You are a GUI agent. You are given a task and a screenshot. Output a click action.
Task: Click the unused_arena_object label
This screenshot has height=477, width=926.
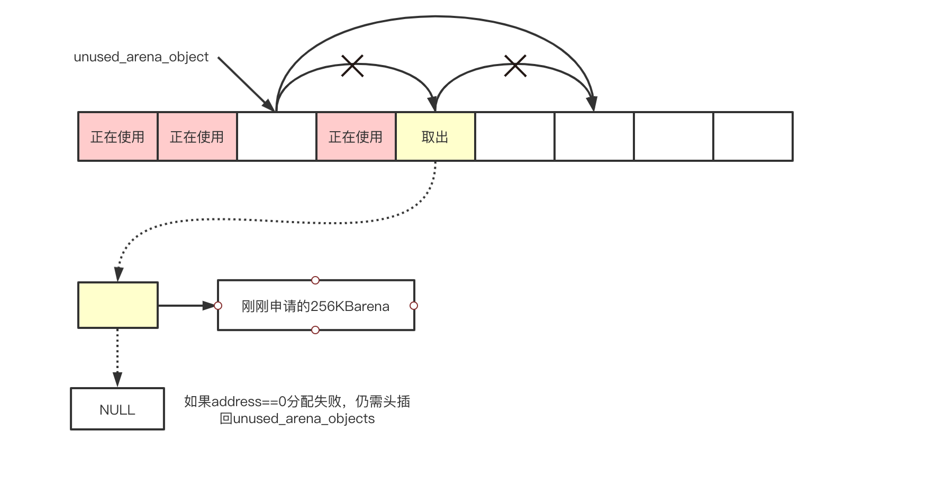tap(141, 57)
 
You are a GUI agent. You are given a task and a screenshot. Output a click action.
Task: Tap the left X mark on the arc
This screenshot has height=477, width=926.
tap(352, 66)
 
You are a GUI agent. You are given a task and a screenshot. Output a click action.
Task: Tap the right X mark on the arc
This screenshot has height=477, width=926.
tap(515, 66)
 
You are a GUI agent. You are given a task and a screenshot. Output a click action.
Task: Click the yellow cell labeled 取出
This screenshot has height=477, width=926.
tap(435, 136)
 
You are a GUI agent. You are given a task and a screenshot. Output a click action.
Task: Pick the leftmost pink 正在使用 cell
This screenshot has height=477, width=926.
tap(117, 136)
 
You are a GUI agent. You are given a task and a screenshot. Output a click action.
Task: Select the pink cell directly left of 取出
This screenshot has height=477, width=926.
tap(356, 136)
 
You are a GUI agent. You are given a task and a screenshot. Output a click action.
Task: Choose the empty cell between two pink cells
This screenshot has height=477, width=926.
tap(276, 136)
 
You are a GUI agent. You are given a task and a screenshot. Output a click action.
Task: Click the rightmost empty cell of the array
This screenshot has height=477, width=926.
tap(752, 136)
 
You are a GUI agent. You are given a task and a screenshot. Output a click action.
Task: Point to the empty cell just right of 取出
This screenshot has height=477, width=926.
tap(514, 136)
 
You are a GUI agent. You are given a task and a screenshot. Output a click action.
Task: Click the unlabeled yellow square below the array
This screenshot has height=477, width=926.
tap(117, 305)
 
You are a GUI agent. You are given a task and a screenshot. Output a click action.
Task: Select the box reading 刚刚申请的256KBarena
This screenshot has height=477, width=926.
tap(315, 306)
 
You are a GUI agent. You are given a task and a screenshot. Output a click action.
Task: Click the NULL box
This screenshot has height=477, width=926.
tap(117, 409)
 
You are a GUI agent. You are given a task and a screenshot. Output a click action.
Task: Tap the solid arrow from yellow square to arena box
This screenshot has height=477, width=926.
tap(185, 305)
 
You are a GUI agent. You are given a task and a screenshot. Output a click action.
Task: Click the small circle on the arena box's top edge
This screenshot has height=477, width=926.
tap(315, 280)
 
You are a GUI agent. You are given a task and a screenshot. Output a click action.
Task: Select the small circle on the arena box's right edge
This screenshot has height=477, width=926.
tap(414, 306)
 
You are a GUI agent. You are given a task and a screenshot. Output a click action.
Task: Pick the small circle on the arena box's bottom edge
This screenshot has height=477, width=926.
tap(315, 330)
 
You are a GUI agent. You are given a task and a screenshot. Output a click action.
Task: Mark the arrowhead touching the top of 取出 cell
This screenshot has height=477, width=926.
tap(433, 104)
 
